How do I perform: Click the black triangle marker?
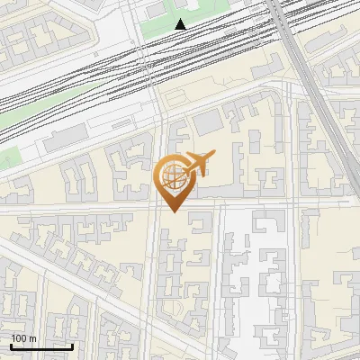181,24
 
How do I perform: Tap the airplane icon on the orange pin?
198,163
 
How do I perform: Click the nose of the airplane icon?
212,155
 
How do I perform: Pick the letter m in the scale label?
32,337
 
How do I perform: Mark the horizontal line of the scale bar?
41,346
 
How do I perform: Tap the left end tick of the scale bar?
11,345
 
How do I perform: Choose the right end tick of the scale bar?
72,345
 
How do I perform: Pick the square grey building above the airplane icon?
206,121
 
